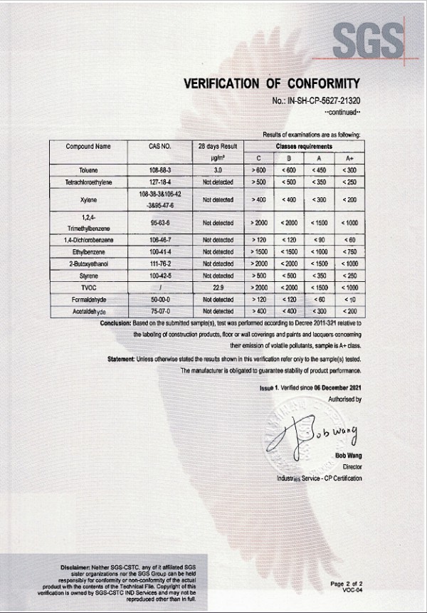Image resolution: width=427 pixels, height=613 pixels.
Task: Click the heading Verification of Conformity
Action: pos(273,83)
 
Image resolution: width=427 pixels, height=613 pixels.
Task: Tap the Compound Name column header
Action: pos(88,147)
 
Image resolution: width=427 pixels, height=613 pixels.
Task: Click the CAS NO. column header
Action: pos(160,147)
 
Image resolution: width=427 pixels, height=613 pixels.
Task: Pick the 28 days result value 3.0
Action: pos(218,172)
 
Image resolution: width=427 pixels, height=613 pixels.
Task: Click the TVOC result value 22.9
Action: pos(218,287)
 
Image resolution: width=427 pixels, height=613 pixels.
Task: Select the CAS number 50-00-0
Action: pos(160,299)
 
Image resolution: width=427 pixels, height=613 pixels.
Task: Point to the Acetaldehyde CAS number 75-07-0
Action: pos(160,311)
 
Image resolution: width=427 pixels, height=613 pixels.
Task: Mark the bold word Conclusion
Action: pos(117,323)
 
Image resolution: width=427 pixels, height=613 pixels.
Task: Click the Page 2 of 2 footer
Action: pos(347,583)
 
